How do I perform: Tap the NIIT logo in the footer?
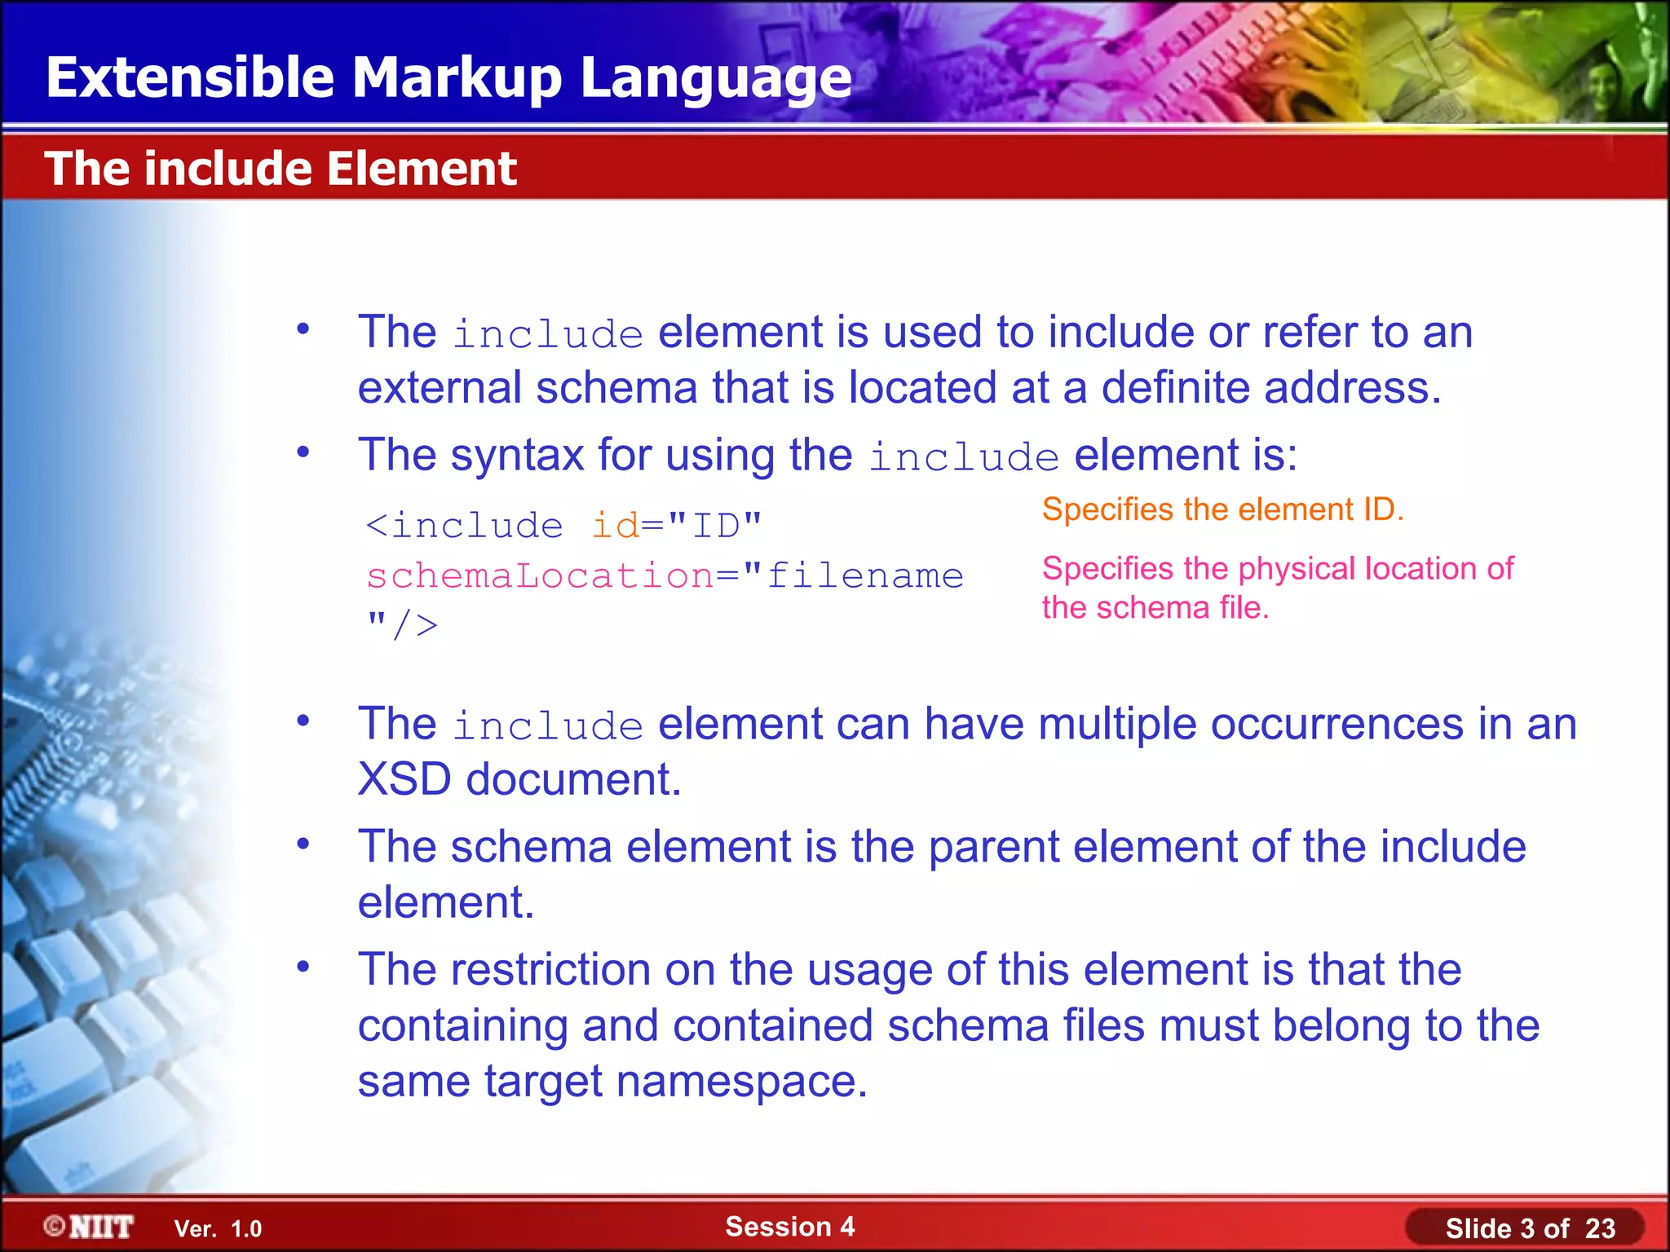pos(90,1227)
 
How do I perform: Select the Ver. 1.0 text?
pos(218,1228)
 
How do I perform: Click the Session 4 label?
pos(789,1226)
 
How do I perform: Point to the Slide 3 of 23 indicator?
pos(1529,1228)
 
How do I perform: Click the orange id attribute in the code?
pos(615,526)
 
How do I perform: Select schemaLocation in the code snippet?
pos(540,576)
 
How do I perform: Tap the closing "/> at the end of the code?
pos(402,626)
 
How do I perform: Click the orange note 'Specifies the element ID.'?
pos(1222,509)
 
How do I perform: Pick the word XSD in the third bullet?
pos(404,779)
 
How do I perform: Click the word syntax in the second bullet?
pos(517,455)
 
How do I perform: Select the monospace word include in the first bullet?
pos(548,334)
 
